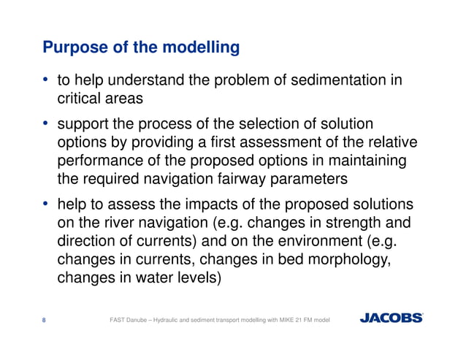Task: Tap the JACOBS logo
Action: pos(391,318)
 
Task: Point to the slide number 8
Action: pos(45,318)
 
